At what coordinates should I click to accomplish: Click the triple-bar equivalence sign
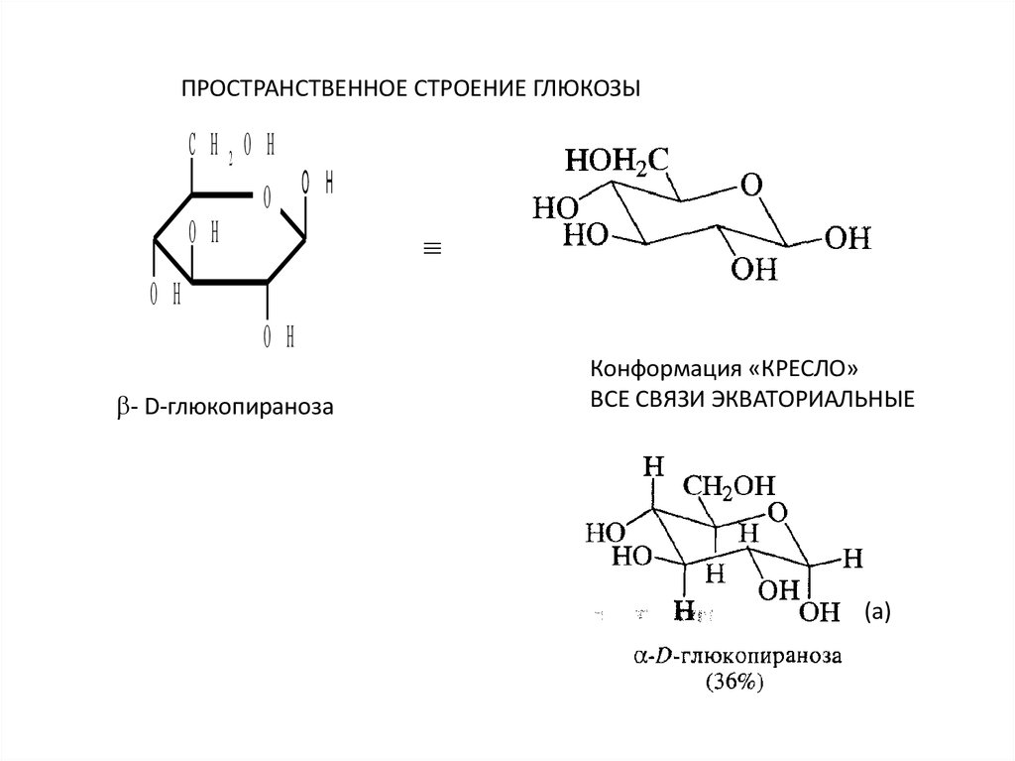[x=432, y=248]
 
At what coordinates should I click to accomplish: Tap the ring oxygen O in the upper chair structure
[x=751, y=185]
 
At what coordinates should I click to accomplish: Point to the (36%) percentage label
[x=734, y=682]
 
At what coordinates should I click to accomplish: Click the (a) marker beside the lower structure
[x=877, y=612]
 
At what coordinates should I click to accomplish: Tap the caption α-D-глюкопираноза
[x=737, y=657]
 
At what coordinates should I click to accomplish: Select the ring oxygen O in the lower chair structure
[x=778, y=513]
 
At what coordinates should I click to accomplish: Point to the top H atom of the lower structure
[x=653, y=465]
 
